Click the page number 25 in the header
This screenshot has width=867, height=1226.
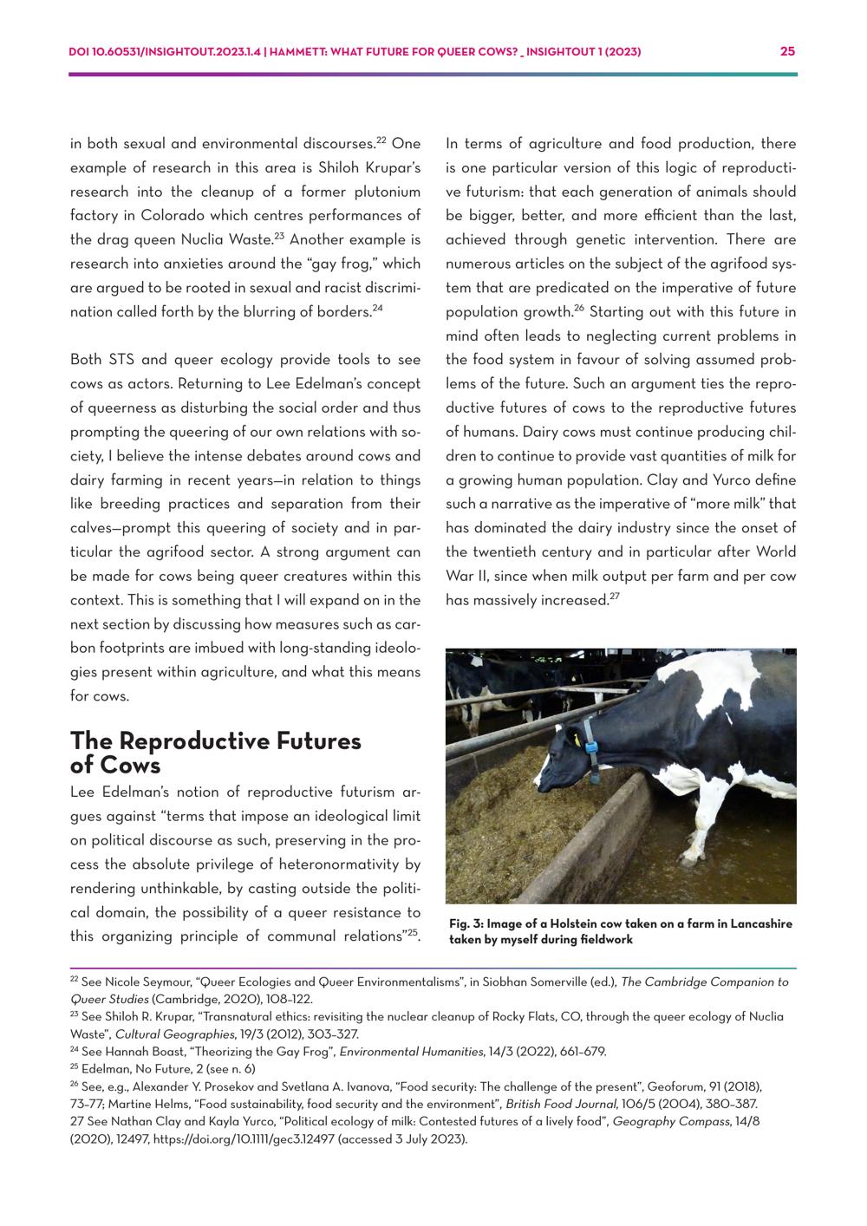tap(787, 51)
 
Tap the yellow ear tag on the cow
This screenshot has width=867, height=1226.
tap(576, 739)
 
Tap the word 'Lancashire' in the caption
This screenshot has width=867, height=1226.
tap(761, 924)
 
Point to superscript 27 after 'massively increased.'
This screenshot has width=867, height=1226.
tap(614, 596)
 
